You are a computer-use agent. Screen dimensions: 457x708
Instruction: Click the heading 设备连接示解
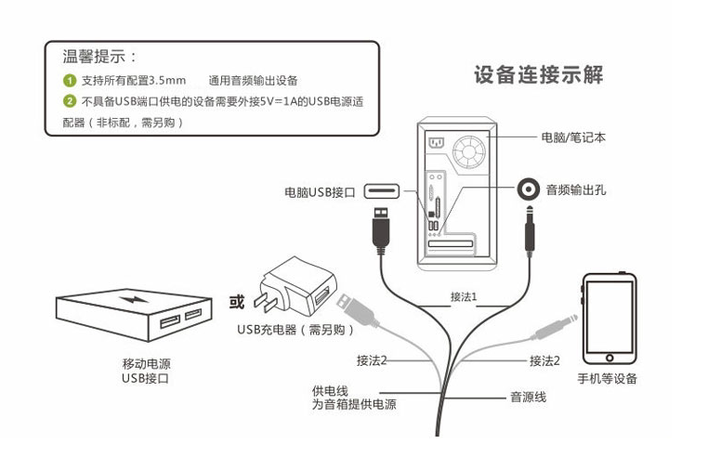point(538,75)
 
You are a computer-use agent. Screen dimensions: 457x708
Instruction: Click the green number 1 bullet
point(69,81)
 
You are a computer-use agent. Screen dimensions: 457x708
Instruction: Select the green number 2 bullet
point(69,101)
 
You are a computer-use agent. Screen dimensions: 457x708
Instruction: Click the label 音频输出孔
point(575,190)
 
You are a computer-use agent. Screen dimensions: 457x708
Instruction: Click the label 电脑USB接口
point(321,193)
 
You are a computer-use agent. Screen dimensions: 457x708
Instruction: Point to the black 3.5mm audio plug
point(529,232)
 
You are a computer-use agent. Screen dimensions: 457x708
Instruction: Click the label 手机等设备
point(608,378)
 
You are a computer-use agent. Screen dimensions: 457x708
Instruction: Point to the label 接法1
point(463,296)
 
